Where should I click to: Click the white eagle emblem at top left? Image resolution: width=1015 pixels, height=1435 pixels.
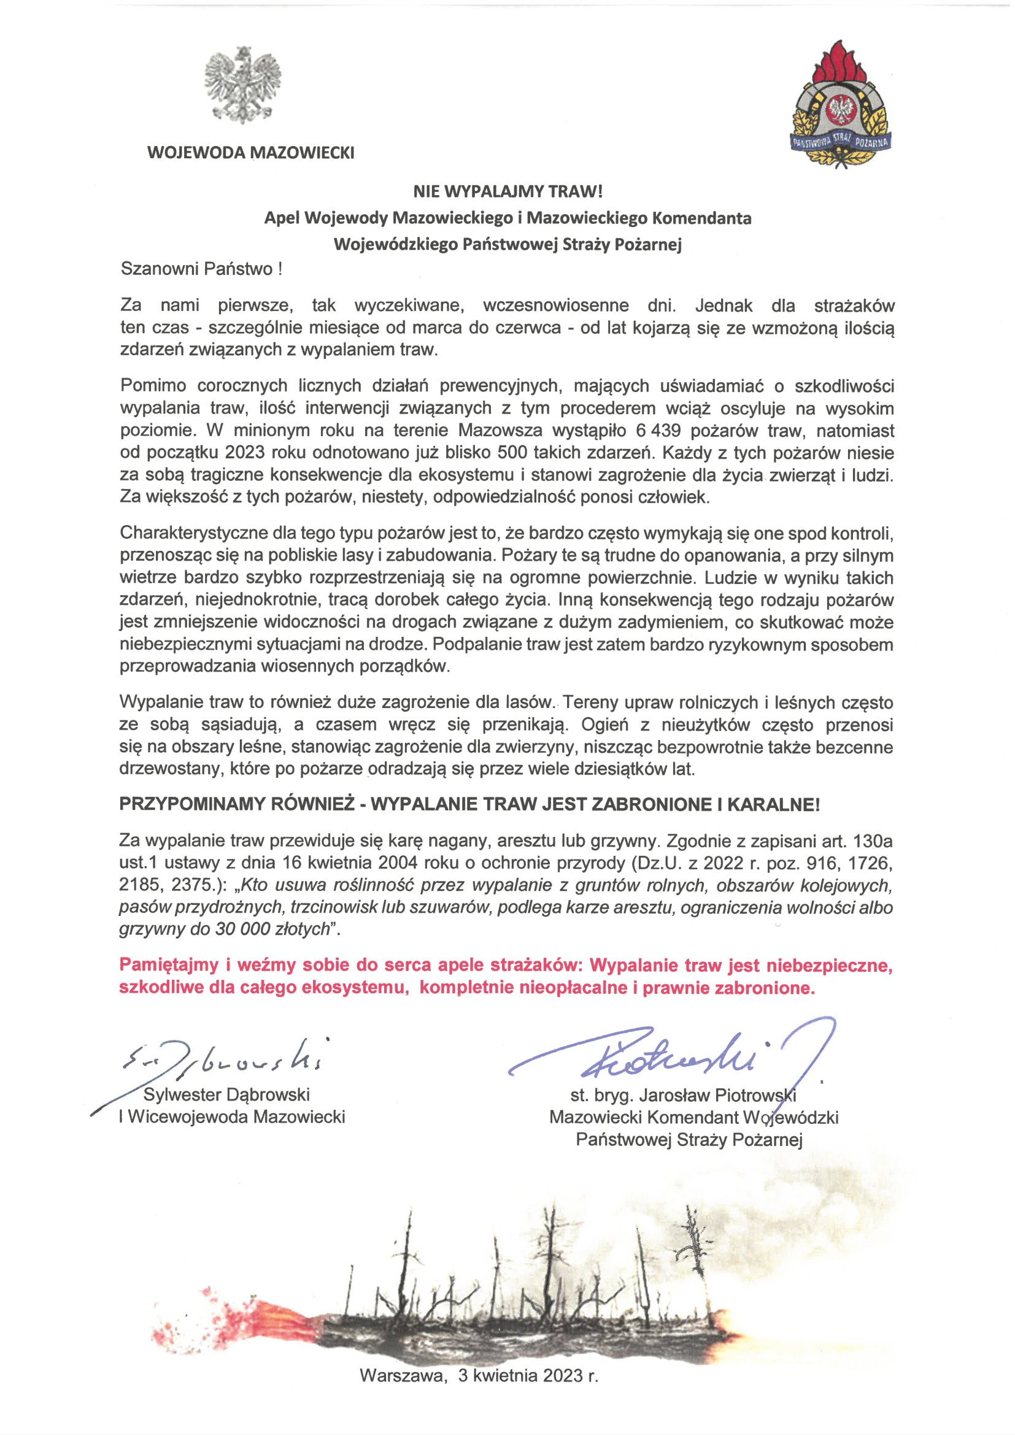point(242,87)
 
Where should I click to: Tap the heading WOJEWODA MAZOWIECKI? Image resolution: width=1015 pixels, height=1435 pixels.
point(250,153)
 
